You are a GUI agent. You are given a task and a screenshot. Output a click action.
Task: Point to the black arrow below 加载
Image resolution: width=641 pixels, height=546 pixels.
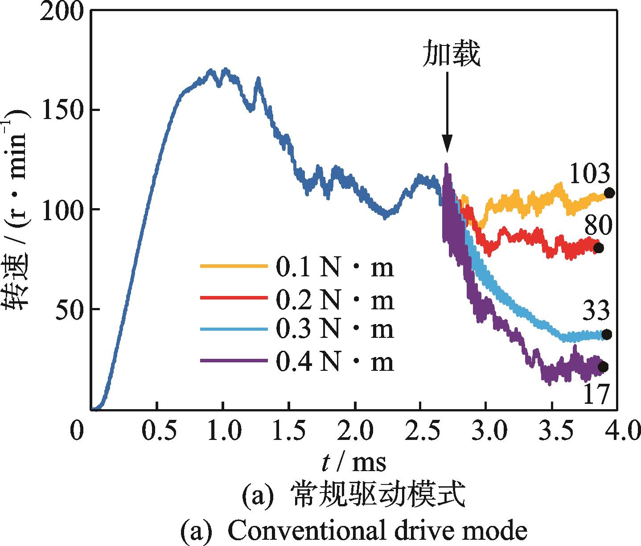pos(447,116)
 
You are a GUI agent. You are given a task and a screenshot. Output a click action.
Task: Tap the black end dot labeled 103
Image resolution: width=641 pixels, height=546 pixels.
pos(609,193)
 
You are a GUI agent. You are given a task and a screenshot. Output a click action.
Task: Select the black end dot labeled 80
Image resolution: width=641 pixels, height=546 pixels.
pos(598,248)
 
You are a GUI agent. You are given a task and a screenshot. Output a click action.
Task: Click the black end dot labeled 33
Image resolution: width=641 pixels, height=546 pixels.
pos(606,334)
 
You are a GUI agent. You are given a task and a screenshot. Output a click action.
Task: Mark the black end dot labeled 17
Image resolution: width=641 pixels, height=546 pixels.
pos(603,367)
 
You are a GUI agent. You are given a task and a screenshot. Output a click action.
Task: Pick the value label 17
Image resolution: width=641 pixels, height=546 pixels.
pos(595,394)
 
